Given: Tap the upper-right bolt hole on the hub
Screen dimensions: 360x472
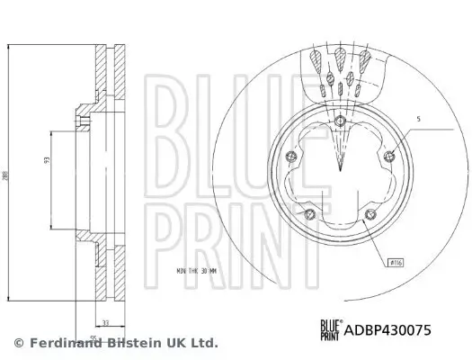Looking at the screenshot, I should point(387,159).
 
